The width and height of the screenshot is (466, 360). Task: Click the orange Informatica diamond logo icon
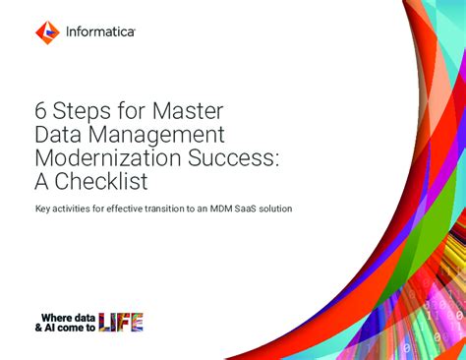[48, 31]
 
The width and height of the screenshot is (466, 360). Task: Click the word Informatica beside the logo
[101, 32]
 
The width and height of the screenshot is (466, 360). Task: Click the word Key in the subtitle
[43, 210]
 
